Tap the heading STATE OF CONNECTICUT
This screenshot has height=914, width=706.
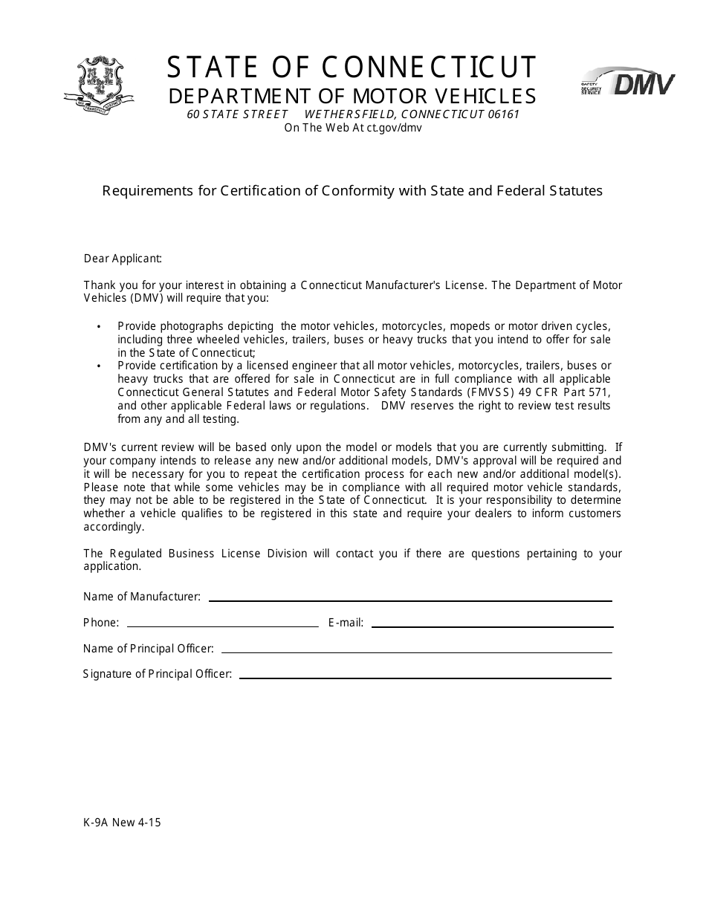(x=352, y=68)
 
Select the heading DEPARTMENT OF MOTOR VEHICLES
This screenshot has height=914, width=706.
(x=352, y=97)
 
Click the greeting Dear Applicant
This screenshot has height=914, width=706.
(x=123, y=259)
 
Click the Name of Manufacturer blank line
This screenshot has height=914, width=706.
(x=410, y=600)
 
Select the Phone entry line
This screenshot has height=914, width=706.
(x=222, y=626)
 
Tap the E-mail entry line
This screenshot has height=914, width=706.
(x=491, y=626)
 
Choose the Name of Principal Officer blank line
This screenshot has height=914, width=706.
(x=416, y=652)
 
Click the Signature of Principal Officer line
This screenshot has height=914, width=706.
(x=425, y=677)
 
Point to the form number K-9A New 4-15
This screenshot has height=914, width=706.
(x=122, y=822)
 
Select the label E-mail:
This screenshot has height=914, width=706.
(x=346, y=623)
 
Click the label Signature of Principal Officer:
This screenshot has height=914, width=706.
(x=158, y=674)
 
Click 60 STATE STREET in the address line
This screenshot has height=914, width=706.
(x=237, y=114)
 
